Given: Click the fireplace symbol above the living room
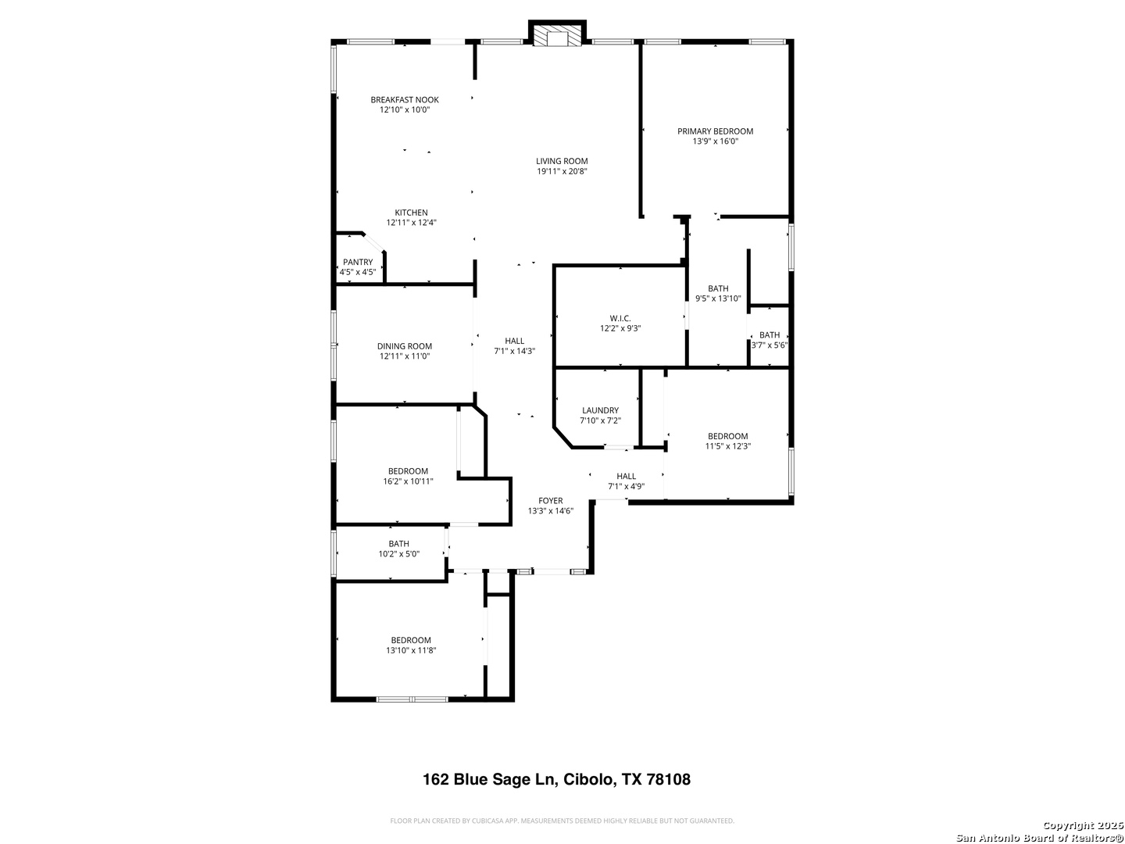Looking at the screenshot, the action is tap(557, 34).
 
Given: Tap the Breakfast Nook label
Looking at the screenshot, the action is tap(405, 100).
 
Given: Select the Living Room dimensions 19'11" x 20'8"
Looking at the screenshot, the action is tap(562, 172).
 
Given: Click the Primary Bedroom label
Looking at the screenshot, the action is tap(715, 131).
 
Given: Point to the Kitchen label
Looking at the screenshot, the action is tap(411, 213).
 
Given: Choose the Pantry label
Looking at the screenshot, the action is tap(358, 262).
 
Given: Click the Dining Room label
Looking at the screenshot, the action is tap(405, 346).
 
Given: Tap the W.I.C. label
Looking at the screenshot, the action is tap(620, 319).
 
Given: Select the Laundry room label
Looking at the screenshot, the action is tap(600, 410).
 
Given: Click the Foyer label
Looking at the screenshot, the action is tap(551, 501).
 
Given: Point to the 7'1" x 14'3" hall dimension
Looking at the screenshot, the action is tap(515, 352).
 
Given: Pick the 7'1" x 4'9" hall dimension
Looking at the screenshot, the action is tap(626, 487).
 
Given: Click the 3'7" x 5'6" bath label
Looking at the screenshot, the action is tap(770, 340).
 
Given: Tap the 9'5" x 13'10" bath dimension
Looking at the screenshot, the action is tap(718, 299).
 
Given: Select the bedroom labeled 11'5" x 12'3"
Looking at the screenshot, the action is tap(728, 442).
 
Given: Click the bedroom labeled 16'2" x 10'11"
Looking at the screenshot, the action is tap(408, 477).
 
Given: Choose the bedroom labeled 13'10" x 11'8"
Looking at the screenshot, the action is tap(411, 646).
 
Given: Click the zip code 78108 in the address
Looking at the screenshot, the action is tap(668, 779).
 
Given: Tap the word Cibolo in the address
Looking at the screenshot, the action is tap(589, 779).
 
